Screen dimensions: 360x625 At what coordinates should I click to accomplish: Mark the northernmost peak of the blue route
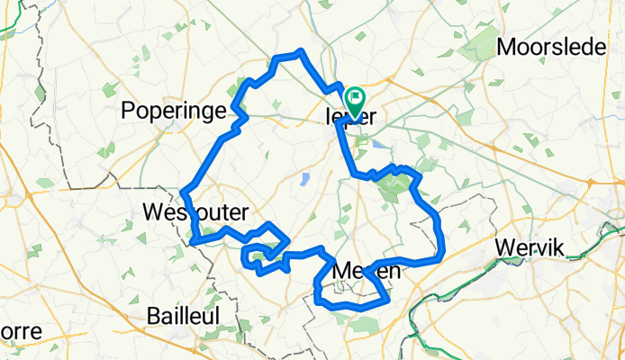300,52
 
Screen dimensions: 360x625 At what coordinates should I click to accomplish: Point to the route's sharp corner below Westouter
194,241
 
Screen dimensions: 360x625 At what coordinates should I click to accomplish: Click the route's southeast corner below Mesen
386,298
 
